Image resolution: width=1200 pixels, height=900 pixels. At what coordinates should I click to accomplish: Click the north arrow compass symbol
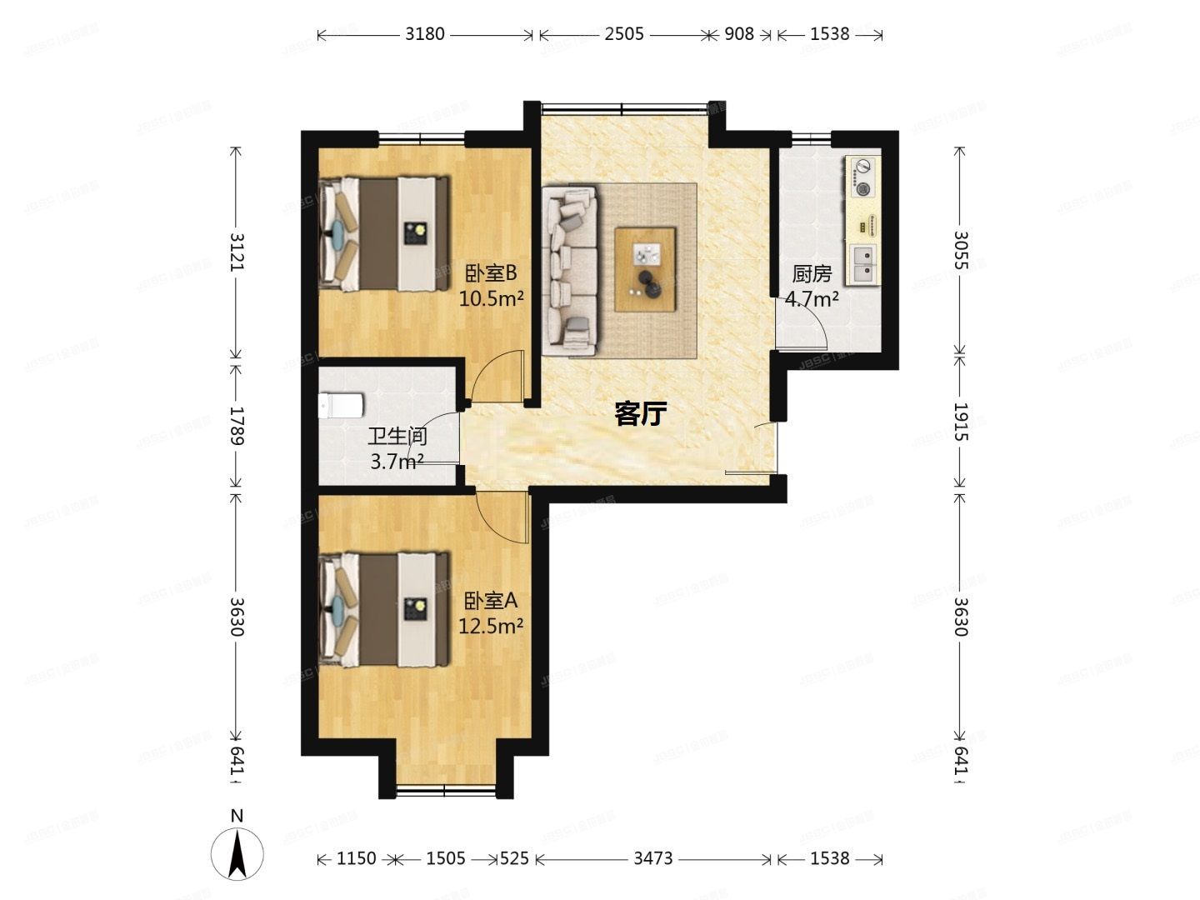(237, 853)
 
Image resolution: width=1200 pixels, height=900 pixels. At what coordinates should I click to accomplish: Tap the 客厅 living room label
(641, 412)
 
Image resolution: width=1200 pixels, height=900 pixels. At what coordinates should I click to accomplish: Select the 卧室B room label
(491, 272)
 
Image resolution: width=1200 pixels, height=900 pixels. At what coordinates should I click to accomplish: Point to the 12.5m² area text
(491, 625)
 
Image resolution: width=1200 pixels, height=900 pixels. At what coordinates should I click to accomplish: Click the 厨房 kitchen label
(812, 273)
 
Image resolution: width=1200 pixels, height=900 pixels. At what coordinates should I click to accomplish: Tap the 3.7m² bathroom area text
(397, 461)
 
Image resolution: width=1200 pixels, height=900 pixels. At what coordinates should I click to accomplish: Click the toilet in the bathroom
(341, 406)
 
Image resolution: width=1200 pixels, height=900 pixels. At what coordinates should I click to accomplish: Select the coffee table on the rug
(644, 269)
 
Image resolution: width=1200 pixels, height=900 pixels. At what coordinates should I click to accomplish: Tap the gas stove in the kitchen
(863, 177)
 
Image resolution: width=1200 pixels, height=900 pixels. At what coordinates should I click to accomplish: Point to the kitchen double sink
(863, 262)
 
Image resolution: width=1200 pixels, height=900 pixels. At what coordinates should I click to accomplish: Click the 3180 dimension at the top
(425, 34)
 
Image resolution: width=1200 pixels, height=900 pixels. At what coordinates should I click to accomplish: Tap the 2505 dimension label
(623, 34)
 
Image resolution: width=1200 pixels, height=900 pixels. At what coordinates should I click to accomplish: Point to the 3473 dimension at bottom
(652, 858)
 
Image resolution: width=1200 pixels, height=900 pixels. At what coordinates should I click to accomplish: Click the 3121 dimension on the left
(237, 251)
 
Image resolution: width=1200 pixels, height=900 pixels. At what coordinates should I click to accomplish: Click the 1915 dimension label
(960, 422)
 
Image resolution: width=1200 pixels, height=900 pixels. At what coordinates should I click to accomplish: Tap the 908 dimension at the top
(738, 34)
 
